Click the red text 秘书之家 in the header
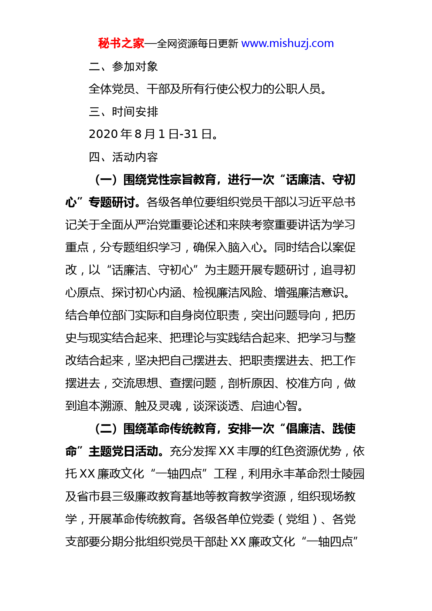(x=121, y=44)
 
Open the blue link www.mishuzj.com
(x=287, y=44)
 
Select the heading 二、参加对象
(x=123, y=66)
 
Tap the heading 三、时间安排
(x=123, y=111)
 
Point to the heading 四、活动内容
(x=123, y=157)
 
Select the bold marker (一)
(x=106, y=180)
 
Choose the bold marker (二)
(x=106, y=428)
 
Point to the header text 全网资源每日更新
(x=197, y=44)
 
